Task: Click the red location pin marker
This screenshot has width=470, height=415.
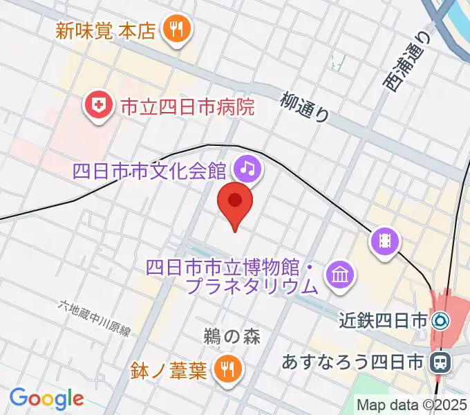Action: point(235,202)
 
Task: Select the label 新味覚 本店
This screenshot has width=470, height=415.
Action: point(106,30)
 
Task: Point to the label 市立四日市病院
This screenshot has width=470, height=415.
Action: point(187,107)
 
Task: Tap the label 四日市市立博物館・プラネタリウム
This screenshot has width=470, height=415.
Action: point(233,275)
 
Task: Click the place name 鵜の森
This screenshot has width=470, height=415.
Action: point(232,337)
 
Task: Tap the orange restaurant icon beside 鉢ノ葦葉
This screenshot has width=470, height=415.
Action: point(226,369)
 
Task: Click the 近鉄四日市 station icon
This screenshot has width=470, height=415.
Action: point(440,321)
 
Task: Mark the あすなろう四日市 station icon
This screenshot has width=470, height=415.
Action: point(439,361)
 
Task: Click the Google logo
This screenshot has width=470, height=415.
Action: point(46,398)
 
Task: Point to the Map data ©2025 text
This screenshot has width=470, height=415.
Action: point(412,405)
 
